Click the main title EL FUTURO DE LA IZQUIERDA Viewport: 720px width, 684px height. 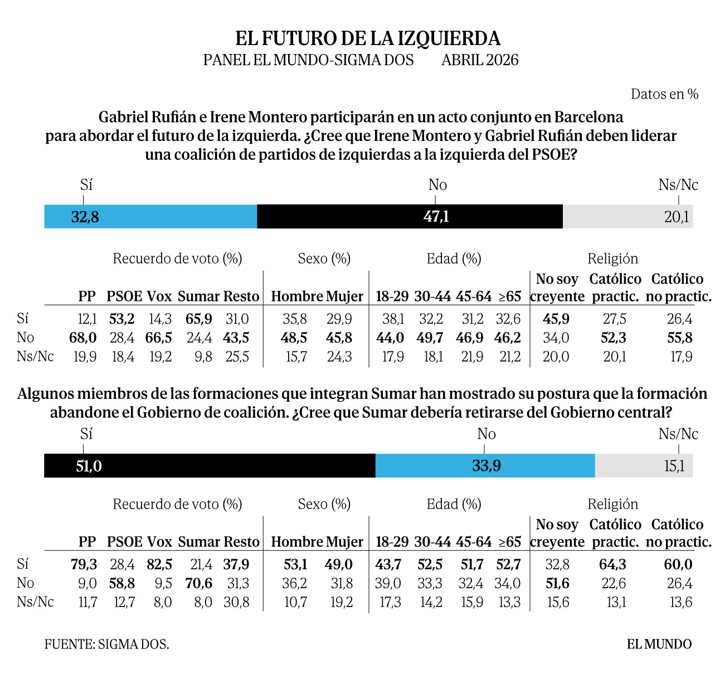point(368,38)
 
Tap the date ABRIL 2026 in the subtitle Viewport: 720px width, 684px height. point(480,60)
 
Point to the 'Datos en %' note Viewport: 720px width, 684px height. point(664,94)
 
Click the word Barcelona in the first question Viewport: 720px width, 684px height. point(588,117)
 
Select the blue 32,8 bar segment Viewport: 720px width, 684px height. point(150,216)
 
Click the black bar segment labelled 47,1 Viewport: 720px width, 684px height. point(410,216)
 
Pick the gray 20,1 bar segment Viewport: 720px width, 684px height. point(627,216)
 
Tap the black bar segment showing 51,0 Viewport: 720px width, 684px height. point(210,466)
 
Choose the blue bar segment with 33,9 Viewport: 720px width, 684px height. point(485,466)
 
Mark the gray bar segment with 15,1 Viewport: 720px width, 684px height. point(644,466)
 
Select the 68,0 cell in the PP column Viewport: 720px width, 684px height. point(83,338)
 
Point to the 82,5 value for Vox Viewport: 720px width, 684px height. point(159,565)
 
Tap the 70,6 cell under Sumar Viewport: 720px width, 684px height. point(199,584)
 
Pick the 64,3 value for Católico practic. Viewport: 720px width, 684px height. point(612,565)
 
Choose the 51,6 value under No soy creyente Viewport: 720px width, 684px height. point(557,584)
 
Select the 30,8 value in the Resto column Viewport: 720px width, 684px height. point(237,603)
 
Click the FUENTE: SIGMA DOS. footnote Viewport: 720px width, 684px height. point(107,644)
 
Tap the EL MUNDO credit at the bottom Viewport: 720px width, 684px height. point(659,644)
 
